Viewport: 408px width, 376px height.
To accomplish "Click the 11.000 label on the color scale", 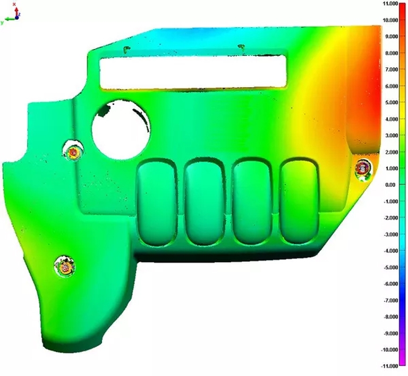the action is (x=390, y=4).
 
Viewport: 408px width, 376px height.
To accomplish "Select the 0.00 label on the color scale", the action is (x=393, y=185).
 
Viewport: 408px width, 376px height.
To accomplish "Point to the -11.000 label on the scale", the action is (x=390, y=366).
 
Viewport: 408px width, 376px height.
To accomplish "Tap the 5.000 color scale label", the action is (x=392, y=103).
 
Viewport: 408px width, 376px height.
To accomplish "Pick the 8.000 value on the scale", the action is (x=392, y=53).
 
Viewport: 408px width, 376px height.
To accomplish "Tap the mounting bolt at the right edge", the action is (x=363, y=168).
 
